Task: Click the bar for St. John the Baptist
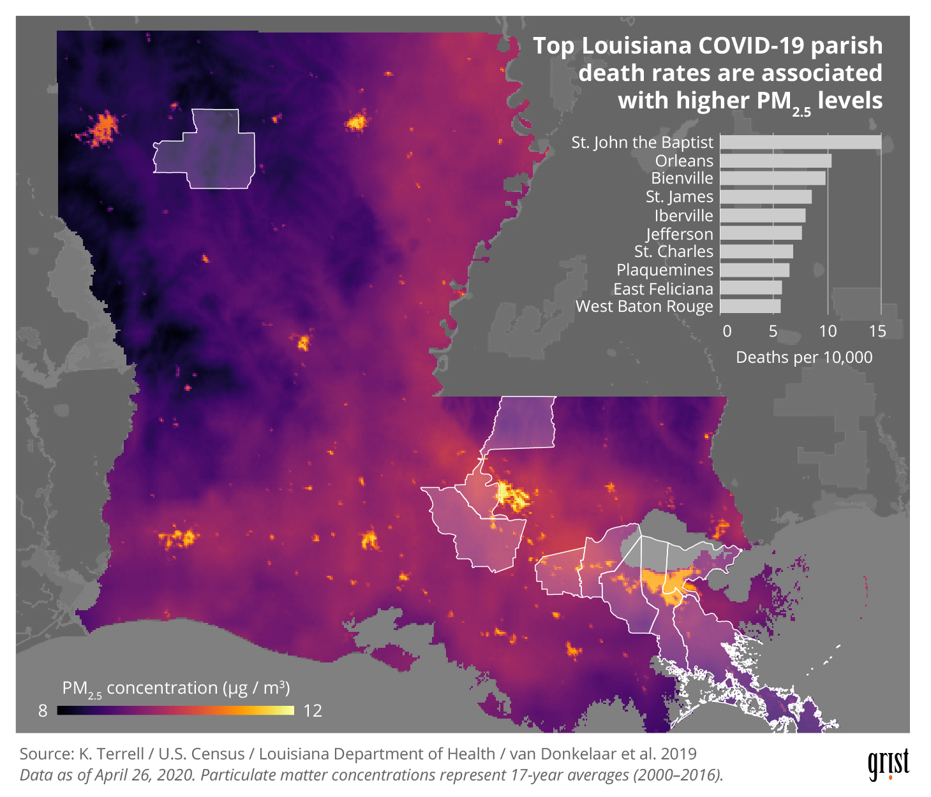800,142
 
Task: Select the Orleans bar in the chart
775,161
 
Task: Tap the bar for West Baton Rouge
750,307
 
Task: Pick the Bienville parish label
681,179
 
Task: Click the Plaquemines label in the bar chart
664,270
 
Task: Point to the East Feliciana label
663,289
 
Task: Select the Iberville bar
763,216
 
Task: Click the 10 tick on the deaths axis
828,331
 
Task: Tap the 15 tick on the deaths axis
877,331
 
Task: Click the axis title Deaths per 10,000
804,357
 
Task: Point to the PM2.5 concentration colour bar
175,710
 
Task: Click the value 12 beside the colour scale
312,711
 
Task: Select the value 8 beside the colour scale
43,711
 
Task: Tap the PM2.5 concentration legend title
175,689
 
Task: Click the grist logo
888,764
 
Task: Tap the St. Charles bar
756,252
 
